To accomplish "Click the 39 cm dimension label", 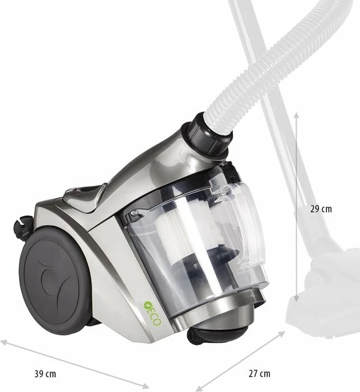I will pos(44,374).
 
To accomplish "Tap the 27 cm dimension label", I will pos(259,374).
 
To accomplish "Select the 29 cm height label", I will pos(321,209).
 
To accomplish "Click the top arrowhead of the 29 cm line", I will pos(297,114).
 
